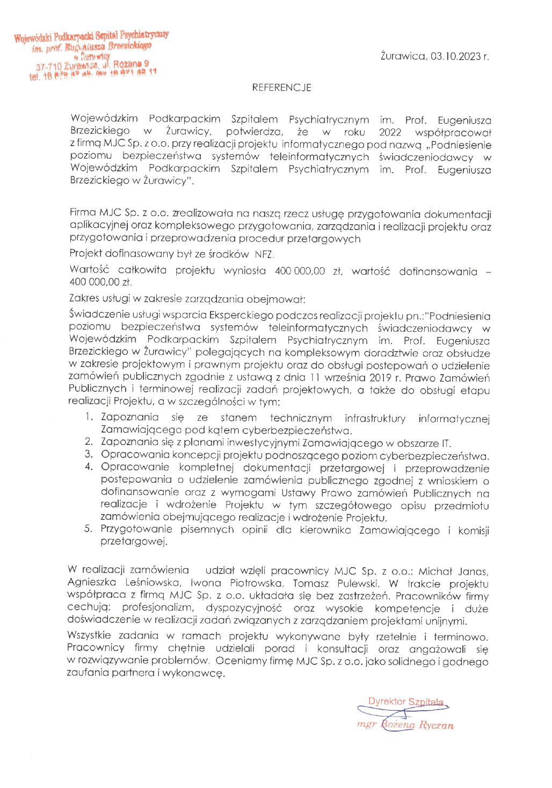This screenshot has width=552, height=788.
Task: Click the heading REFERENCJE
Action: (x=281, y=88)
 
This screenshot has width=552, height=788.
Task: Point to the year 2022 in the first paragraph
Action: (x=390, y=132)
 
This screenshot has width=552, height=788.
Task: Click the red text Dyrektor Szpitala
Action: (x=405, y=701)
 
